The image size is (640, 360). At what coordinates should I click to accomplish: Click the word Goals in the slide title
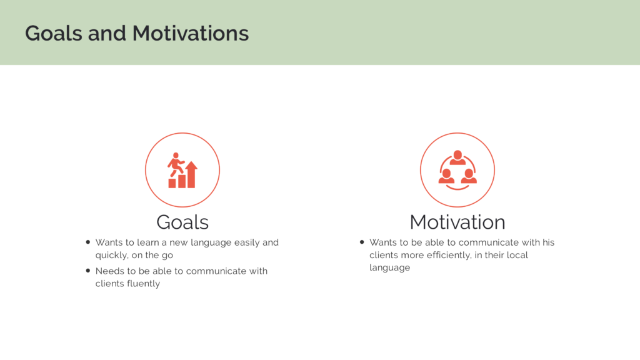[54, 33]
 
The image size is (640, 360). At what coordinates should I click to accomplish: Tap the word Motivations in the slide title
[191, 33]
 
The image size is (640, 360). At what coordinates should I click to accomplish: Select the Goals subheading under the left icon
[182, 222]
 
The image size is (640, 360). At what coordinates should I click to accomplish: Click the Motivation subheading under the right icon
[457, 222]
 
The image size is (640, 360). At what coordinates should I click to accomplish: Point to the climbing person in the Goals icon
[176, 164]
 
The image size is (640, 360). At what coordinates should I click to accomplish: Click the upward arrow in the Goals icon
[191, 174]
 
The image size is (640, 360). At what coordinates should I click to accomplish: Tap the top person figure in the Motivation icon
[457, 157]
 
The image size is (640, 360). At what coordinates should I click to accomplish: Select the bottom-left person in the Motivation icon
[446, 176]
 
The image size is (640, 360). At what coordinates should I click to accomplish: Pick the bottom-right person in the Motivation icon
[469, 176]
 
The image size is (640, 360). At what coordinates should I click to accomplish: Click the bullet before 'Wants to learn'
[87, 242]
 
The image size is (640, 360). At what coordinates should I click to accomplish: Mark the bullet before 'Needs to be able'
[87, 271]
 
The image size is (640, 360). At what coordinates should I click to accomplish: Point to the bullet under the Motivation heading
[362, 242]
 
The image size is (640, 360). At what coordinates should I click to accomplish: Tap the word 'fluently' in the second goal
[143, 284]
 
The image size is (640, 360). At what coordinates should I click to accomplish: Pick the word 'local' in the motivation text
[517, 255]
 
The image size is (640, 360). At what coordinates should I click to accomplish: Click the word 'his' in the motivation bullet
[548, 242]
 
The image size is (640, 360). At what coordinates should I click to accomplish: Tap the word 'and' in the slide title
[107, 33]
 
